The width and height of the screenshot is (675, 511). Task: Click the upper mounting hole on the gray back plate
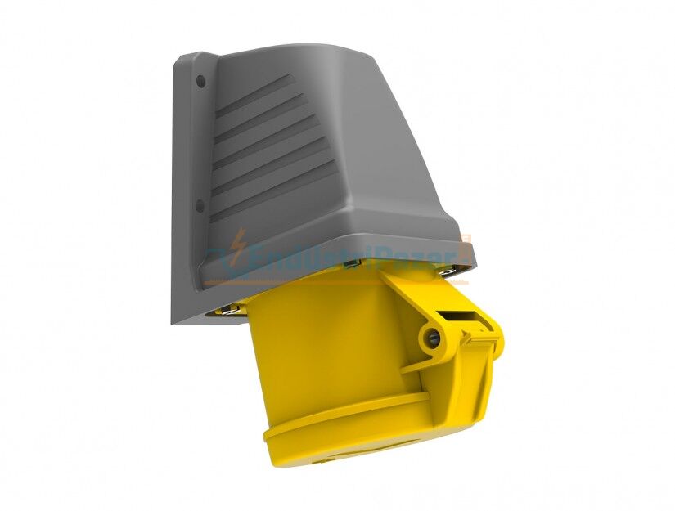point(200,81)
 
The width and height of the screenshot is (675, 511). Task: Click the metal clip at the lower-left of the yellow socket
point(230,308)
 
